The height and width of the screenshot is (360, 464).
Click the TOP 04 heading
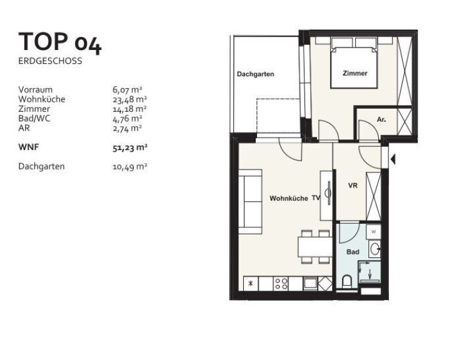point(60,42)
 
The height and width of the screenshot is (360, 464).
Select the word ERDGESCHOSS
point(50,61)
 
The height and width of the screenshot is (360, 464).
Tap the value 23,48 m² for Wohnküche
point(129,99)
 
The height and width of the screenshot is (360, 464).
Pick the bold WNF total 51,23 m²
point(130,147)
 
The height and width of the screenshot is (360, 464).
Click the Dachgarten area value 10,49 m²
point(130,166)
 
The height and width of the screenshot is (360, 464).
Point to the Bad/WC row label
point(34,118)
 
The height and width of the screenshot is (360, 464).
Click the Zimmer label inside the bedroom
point(355,73)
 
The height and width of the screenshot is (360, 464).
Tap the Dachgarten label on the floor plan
point(255,74)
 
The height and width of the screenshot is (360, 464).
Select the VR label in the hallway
point(353,186)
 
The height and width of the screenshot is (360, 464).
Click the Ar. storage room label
point(381,120)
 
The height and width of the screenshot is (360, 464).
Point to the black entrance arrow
point(393,159)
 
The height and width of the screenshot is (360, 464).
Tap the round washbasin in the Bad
point(375,249)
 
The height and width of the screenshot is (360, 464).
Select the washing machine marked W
point(373,232)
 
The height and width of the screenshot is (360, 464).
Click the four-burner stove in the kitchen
point(281,283)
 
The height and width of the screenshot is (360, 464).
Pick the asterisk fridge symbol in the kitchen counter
point(251,283)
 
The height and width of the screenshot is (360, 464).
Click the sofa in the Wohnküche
point(250,202)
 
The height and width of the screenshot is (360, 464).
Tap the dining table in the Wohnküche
point(315,247)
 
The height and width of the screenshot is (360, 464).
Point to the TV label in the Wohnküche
point(316,198)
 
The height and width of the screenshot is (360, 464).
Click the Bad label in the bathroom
point(353,252)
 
